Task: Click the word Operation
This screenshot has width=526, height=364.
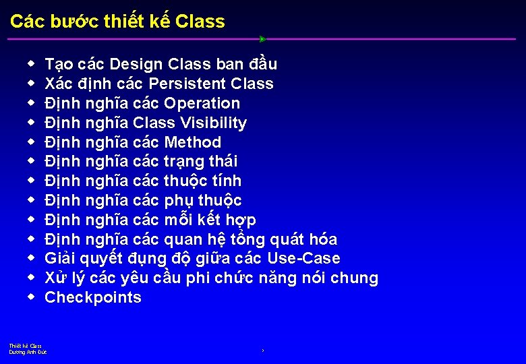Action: (202, 104)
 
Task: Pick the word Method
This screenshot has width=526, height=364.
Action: (192, 143)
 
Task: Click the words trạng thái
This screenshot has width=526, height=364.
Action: (200, 162)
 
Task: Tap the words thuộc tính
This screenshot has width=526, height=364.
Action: (202, 181)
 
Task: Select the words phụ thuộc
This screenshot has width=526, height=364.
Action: (202, 201)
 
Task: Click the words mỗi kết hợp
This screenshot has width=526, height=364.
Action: (210, 220)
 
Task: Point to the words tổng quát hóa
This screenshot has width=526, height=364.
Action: (293, 240)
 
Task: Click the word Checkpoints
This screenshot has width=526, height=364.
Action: (93, 298)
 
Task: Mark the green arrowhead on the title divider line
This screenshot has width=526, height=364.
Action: (262, 39)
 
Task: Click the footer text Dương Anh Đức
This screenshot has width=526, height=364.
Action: (28, 352)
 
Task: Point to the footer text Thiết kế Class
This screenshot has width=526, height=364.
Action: (26, 346)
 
